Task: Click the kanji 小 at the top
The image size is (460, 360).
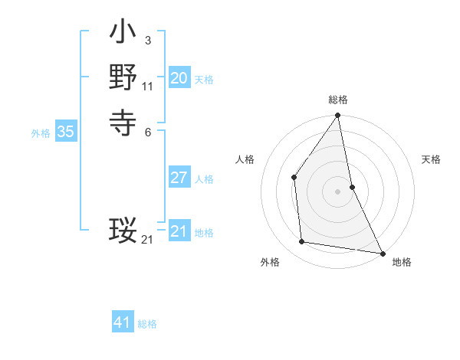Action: [123, 34]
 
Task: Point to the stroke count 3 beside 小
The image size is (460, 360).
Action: [147, 40]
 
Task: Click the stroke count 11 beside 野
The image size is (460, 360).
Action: [147, 87]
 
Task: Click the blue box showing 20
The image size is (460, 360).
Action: [179, 78]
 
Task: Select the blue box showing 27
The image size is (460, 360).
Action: [179, 178]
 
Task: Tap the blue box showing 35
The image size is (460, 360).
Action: [65, 132]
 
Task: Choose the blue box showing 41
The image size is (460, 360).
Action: [123, 323]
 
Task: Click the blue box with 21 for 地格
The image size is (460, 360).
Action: [179, 231]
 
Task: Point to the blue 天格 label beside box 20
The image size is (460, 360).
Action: [204, 80]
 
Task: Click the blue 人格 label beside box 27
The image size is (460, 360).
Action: [204, 179]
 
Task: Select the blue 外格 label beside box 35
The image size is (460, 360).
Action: [41, 133]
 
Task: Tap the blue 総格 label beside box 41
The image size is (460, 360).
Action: [147, 325]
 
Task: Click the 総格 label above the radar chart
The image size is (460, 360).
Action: [337, 100]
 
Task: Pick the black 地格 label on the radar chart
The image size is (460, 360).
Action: [402, 262]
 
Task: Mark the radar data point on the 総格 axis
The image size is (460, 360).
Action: [337, 116]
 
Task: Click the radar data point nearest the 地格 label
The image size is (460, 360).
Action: [382, 253]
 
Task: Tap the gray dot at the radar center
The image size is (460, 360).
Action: [337, 191]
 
